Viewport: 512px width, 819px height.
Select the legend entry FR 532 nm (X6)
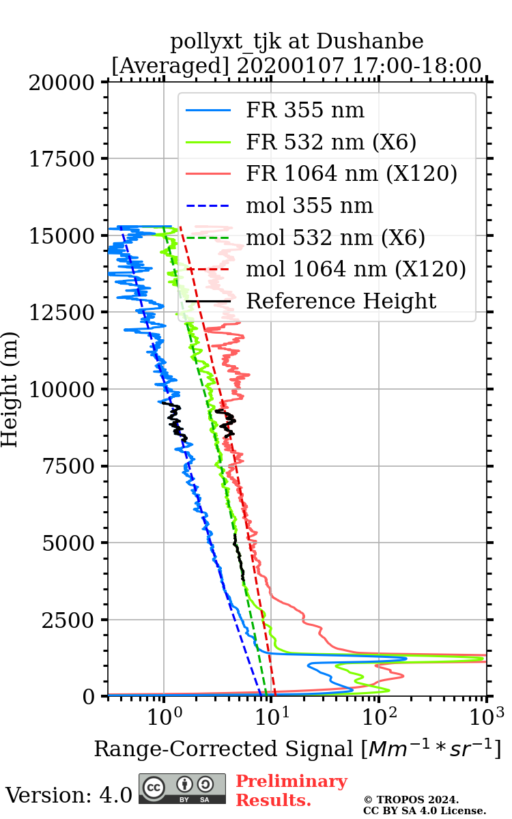click(x=331, y=142)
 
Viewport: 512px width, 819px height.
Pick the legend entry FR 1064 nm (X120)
click(x=352, y=174)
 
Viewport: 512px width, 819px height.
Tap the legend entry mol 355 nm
click(x=309, y=205)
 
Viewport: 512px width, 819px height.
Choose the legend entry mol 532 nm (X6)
click(x=335, y=238)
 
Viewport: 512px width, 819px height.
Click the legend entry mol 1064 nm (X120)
click(x=356, y=269)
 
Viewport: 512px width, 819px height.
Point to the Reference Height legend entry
click(x=341, y=301)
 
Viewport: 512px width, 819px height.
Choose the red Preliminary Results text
click(x=291, y=790)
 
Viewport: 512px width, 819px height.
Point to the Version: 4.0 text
click(x=68, y=795)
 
